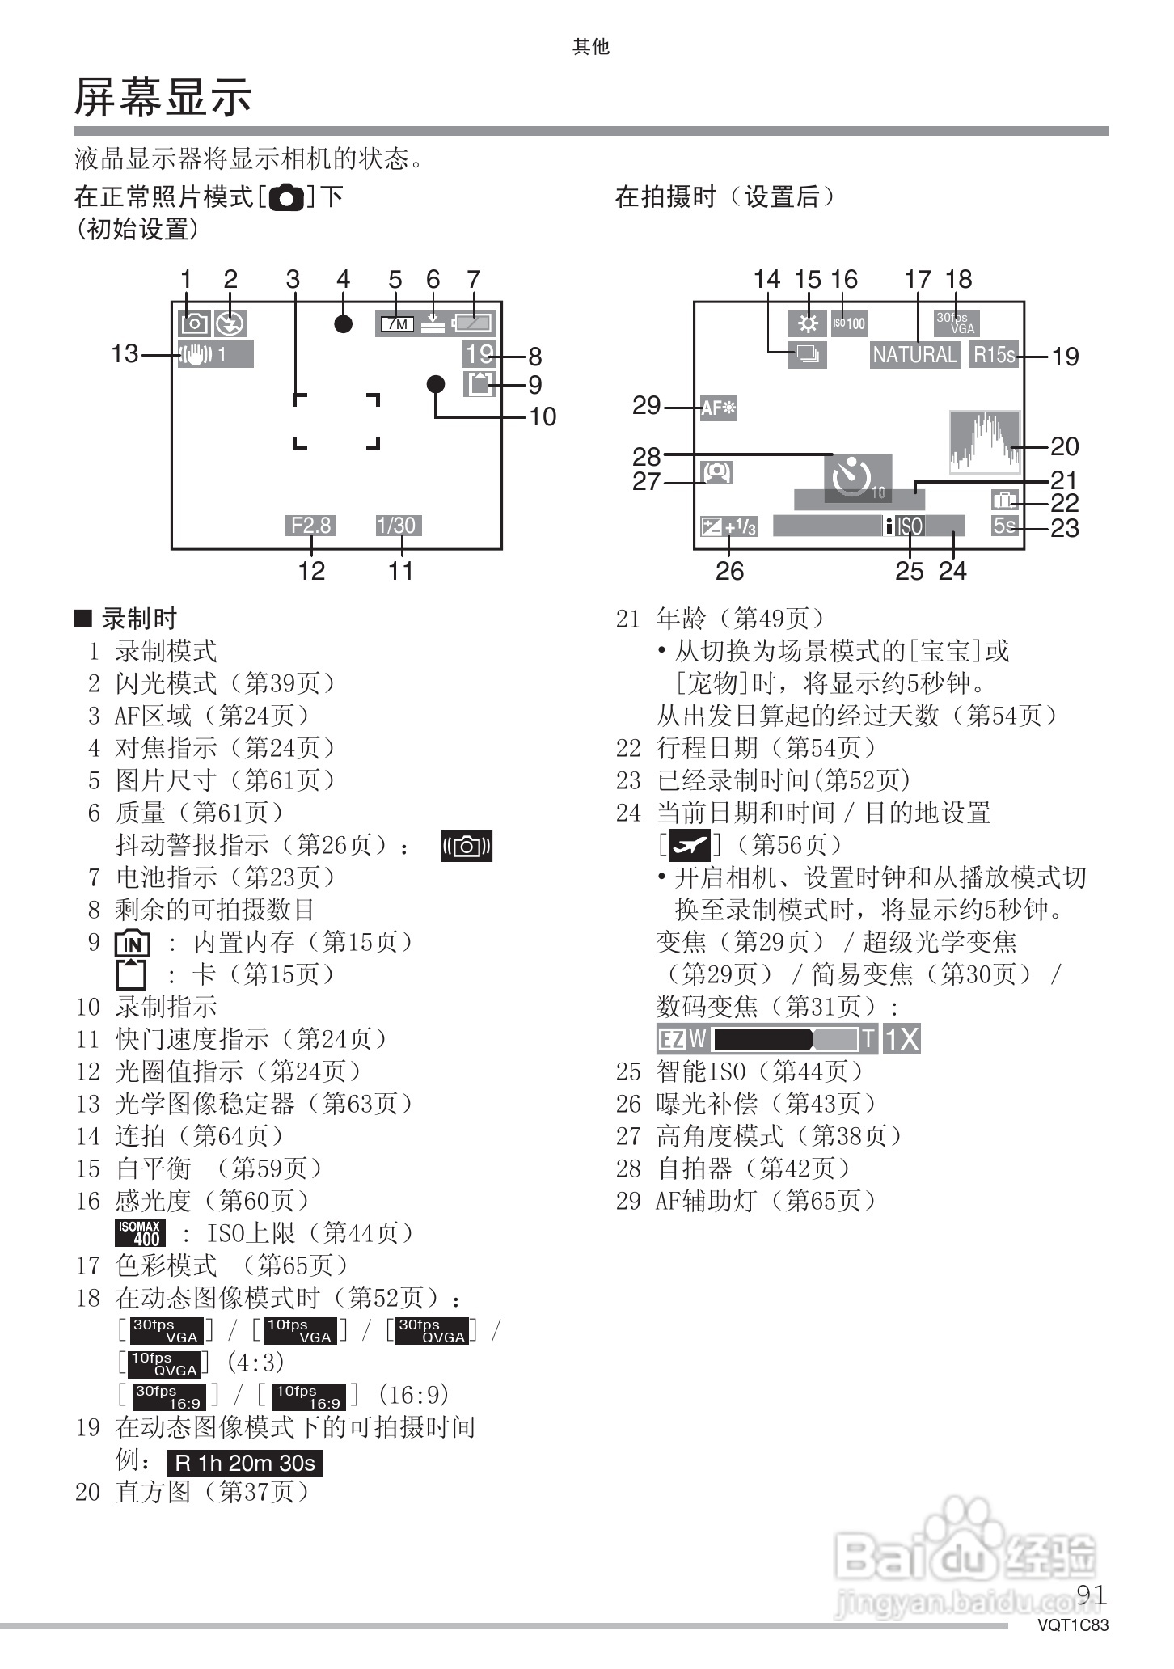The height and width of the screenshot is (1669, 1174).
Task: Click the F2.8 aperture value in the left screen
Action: point(310,526)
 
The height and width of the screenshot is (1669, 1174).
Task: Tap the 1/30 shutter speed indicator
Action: point(396,526)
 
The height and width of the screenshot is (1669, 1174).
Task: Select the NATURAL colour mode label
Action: point(914,355)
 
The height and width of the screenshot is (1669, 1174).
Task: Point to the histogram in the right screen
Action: point(984,442)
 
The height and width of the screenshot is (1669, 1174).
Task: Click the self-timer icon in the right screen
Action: point(855,477)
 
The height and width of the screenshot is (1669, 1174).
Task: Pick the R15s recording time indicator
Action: point(993,355)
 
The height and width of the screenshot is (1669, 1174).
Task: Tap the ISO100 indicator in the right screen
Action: point(849,323)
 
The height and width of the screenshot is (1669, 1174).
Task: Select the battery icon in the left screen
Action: point(474,323)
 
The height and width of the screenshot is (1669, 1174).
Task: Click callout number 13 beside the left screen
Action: point(125,354)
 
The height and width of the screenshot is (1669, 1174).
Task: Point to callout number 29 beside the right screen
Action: point(646,406)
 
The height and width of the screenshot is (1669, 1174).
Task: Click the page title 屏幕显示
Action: point(163,98)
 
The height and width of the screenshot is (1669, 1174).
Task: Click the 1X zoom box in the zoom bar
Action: point(901,1039)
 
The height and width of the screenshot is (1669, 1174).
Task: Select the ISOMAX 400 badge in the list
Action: point(141,1233)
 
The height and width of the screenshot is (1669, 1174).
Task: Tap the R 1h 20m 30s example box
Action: point(245,1463)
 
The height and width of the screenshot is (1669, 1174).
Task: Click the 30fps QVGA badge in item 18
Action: point(433,1331)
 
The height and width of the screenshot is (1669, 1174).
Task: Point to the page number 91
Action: point(1092,1595)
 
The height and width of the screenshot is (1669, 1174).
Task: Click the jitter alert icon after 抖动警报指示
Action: point(467,846)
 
